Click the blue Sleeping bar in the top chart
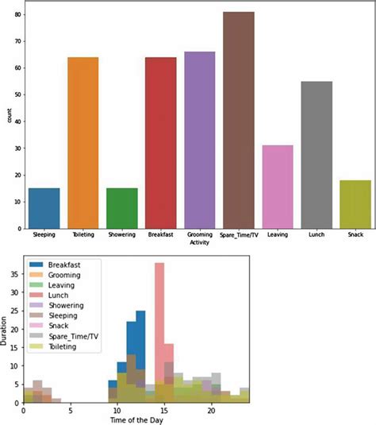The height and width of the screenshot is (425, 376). pos(44,208)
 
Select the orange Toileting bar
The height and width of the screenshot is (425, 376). pos(82,143)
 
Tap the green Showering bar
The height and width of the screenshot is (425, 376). pos(121,208)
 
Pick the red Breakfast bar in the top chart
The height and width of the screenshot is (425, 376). pos(161,143)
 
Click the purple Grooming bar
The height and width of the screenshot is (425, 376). pos(200,141)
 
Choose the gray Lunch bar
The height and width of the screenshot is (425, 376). pos(317,155)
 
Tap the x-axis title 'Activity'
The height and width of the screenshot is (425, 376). pos(200,243)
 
